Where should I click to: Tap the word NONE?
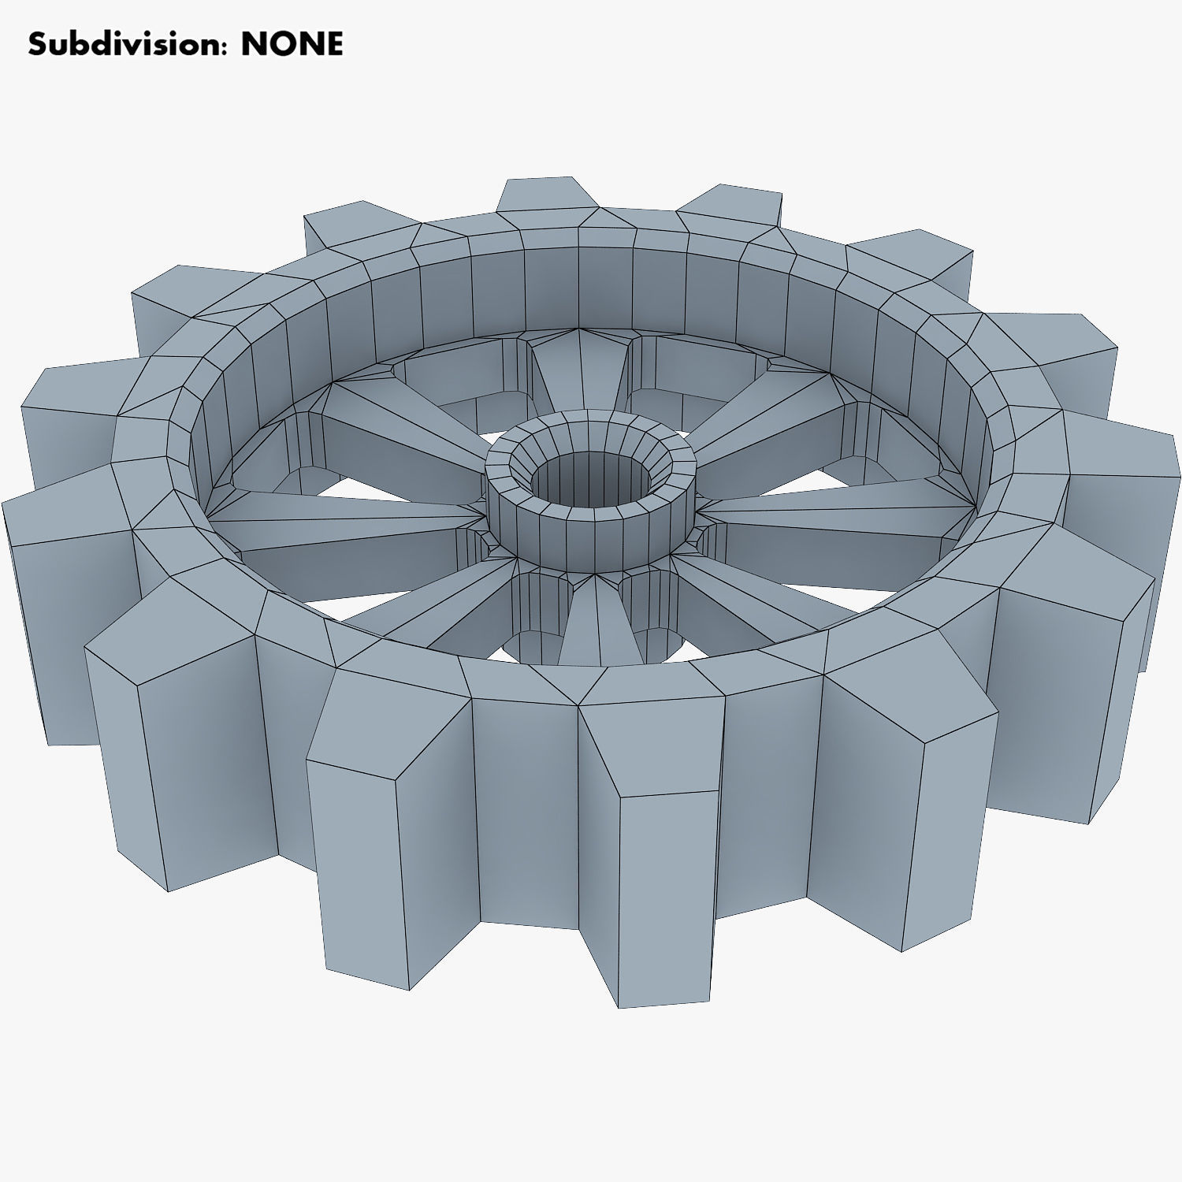pos(292,44)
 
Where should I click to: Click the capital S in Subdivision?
pos(38,44)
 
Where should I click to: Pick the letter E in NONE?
pos(334,44)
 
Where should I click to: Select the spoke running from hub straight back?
pos(579,370)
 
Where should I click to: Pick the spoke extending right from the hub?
pos(835,512)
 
